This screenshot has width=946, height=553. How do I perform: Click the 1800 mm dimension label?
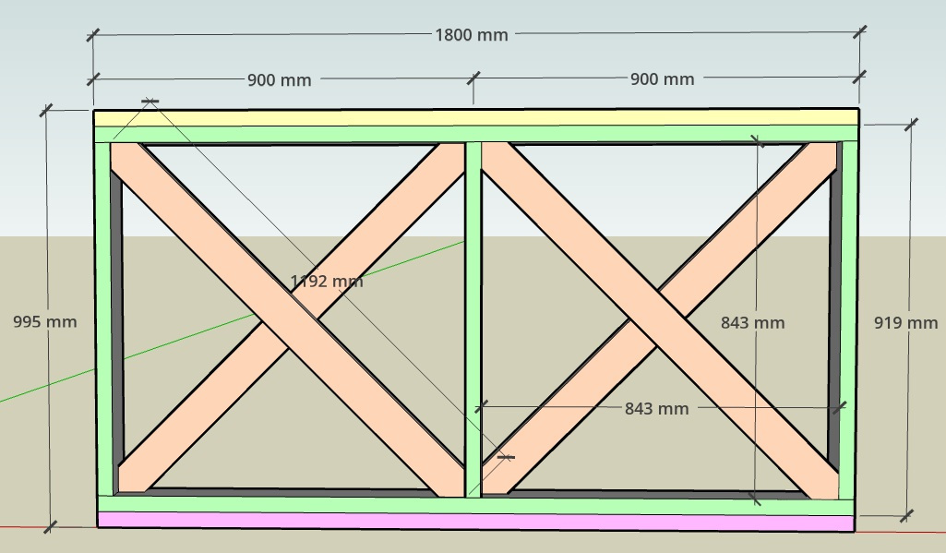coord(471,35)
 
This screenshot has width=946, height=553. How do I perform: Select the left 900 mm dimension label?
coord(279,79)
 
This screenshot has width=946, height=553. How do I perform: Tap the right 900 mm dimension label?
coord(662,79)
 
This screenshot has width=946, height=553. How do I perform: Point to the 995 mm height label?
coord(44,322)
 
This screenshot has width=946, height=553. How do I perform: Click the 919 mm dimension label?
coord(905,323)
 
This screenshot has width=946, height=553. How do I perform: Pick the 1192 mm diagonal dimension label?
coord(327,281)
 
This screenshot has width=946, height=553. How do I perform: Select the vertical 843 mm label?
coord(752,322)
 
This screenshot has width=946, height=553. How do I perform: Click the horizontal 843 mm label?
coord(656,408)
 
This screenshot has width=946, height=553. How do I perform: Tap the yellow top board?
coord(476,118)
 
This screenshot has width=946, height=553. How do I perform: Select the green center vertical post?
coord(473,319)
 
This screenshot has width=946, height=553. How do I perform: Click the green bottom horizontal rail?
coord(476,505)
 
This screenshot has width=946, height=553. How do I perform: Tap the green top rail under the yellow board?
coord(476,134)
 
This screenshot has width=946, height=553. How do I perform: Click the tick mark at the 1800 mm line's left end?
coord(93,35)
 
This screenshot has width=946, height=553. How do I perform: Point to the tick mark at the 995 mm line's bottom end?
coord(50,526)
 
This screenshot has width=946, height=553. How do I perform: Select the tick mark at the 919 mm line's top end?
coord(912,124)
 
